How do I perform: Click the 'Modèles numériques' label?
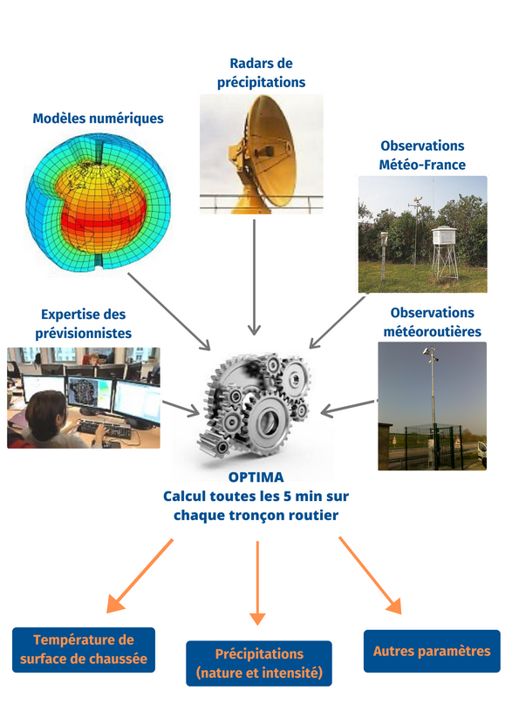[x=98, y=118]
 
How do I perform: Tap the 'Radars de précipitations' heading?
[x=261, y=72]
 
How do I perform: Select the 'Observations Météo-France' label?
[x=422, y=155]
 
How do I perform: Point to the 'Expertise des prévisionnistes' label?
[x=84, y=324]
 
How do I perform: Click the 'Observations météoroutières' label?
[x=433, y=321]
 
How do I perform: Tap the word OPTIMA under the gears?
[x=256, y=477]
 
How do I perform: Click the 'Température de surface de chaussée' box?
[x=84, y=650]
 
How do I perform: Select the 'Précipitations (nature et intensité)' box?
[x=259, y=664]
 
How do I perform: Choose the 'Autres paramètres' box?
[x=432, y=651]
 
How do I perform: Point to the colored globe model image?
[x=98, y=203]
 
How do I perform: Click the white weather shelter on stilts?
[x=444, y=252]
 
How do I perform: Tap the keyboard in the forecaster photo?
[x=104, y=429]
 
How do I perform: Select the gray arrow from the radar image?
[x=254, y=277]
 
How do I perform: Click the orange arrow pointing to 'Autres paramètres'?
[x=370, y=575]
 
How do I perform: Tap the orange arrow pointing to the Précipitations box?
[x=257, y=583]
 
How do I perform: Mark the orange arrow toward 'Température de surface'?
[x=140, y=576]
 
